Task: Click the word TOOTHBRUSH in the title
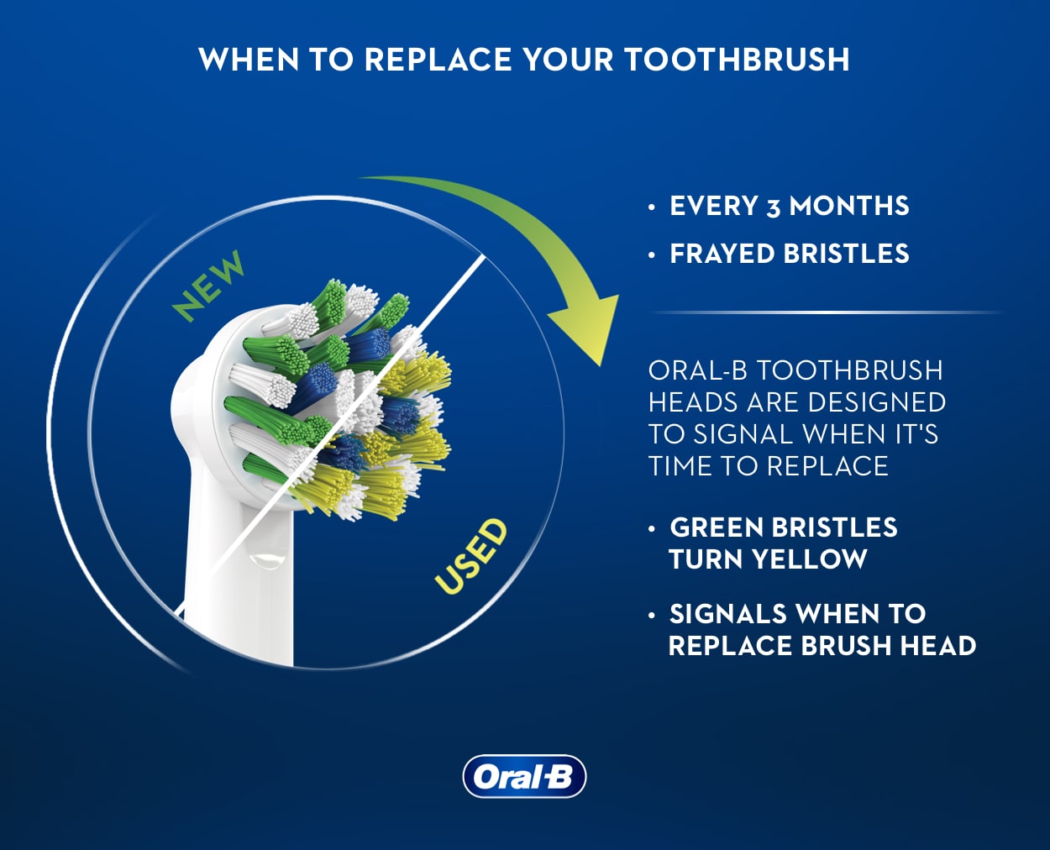737,60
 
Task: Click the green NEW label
208,286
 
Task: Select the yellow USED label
471,556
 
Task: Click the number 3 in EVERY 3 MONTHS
773,207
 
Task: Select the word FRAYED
722,254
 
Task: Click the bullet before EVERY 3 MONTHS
652,207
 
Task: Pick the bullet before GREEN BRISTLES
652,528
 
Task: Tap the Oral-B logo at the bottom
524,776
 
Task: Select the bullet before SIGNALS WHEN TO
652,615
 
